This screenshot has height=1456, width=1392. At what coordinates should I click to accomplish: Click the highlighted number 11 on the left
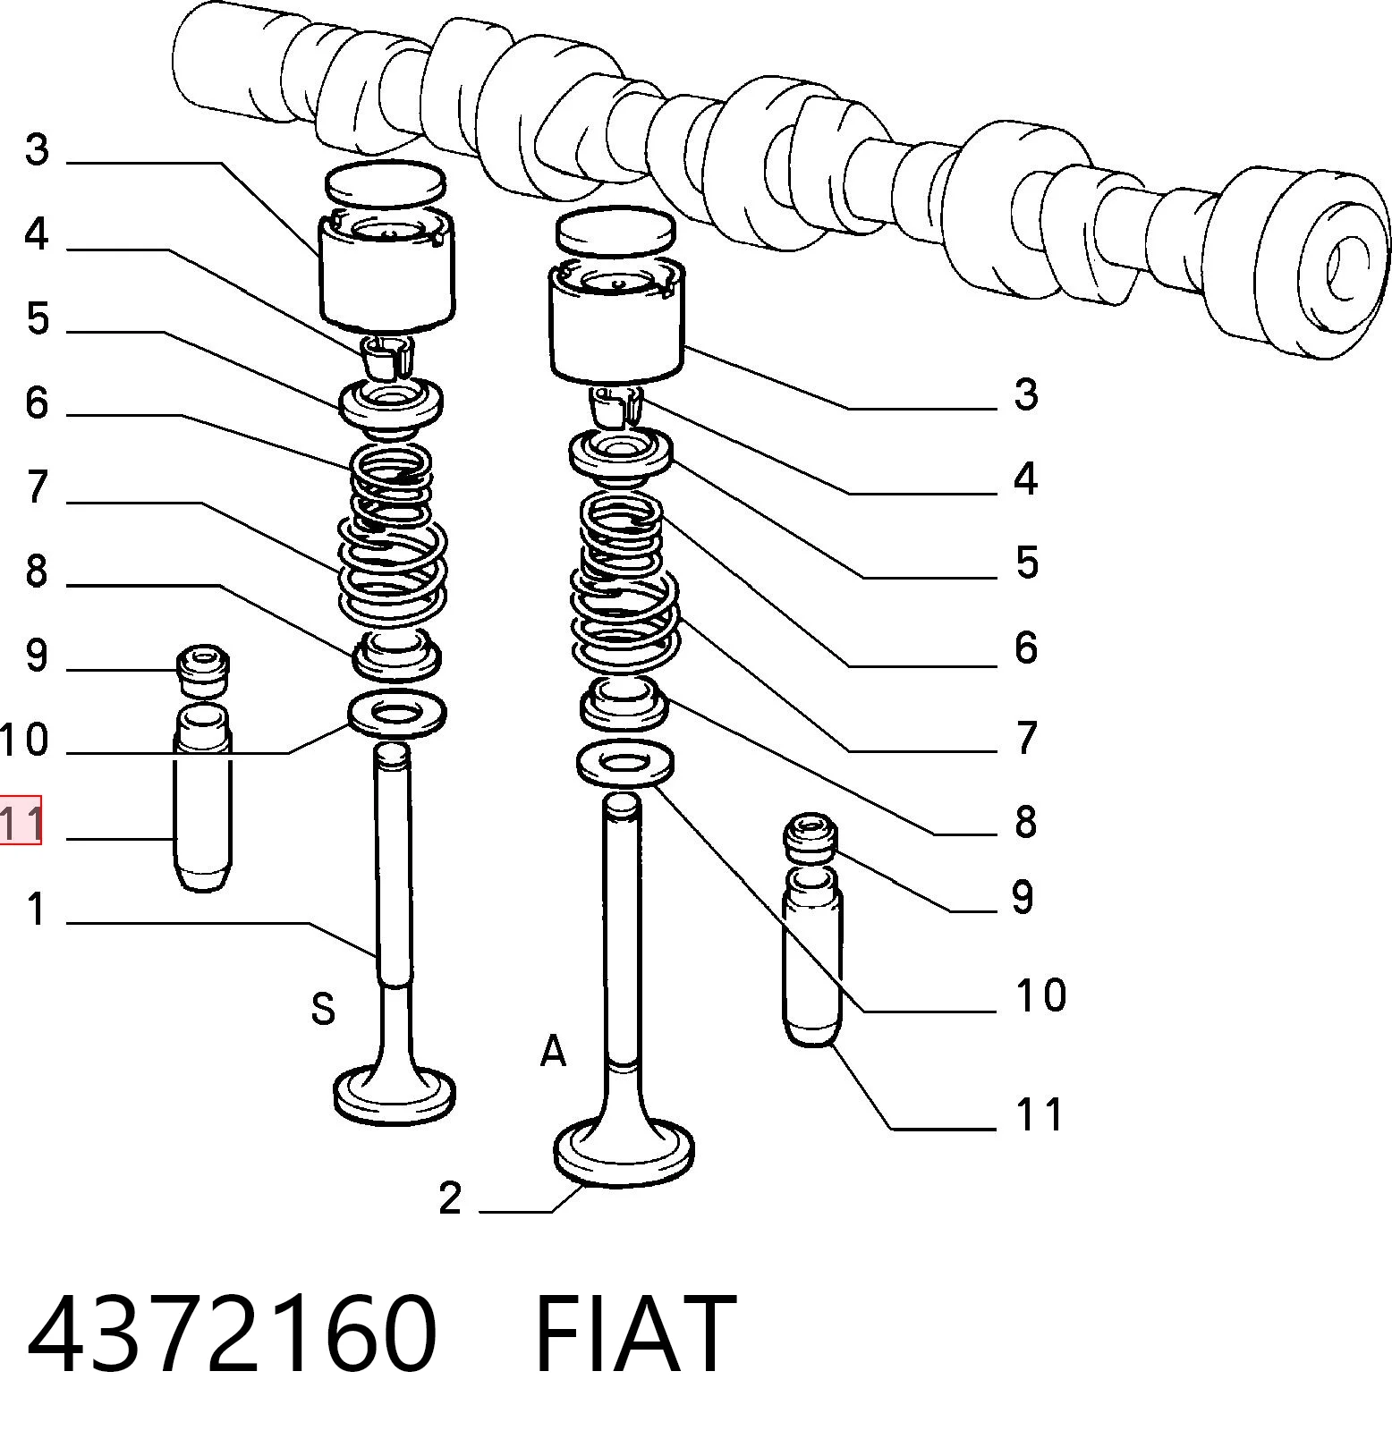[x=21, y=820]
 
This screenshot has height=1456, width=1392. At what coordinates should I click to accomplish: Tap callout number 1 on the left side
[x=36, y=909]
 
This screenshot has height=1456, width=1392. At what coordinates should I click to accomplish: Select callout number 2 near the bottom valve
[x=450, y=1198]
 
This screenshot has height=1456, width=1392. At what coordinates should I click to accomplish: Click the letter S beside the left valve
[x=323, y=1008]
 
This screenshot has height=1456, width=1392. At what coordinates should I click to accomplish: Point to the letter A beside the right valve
[x=554, y=1051]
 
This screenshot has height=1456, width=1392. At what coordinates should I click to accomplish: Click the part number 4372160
[x=233, y=1333]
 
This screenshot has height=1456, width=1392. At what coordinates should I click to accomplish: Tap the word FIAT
[x=635, y=1333]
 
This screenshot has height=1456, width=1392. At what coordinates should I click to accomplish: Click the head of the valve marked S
[x=395, y=1093]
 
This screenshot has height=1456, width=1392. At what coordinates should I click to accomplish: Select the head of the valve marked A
[x=624, y=1152]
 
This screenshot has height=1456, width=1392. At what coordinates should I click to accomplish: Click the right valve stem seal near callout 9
[x=811, y=838]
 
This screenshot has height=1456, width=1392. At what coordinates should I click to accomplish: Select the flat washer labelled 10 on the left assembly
[x=396, y=714]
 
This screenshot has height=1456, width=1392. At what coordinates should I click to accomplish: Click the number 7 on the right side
[x=1026, y=738]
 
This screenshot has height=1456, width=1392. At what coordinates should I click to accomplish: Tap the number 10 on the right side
[x=1040, y=995]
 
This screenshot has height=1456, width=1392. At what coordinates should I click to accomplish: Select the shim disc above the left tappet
[x=386, y=183]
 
